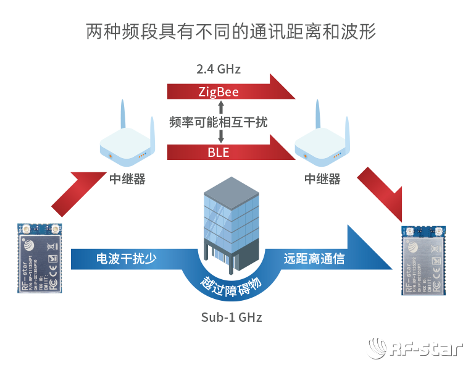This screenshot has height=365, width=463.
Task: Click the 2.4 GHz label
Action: (219, 69)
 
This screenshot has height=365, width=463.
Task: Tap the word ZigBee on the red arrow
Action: (219, 92)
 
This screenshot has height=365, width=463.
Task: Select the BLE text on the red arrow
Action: (219, 152)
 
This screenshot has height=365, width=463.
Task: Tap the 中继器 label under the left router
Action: (127, 179)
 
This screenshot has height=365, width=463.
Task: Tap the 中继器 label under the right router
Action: (322, 179)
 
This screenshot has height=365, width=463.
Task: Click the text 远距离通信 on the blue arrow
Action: (314, 259)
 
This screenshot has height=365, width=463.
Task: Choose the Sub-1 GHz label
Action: (231, 317)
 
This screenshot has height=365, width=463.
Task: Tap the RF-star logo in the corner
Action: (415, 349)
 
